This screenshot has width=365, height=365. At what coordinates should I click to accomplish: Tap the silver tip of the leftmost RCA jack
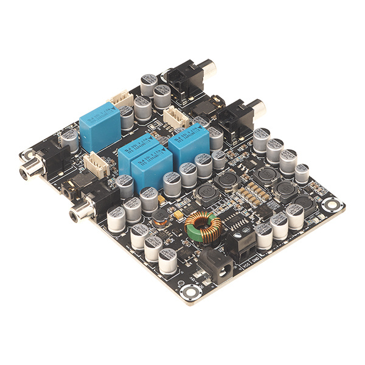pos(23,172)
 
